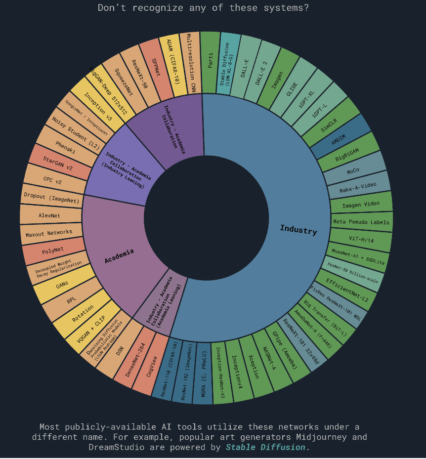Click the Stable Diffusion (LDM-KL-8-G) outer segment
click(x=228, y=63)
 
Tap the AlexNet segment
click(x=50, y=215)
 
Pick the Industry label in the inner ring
click(x=298, y=230)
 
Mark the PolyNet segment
click(x=54, y=251)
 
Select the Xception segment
click(x=252, y=367)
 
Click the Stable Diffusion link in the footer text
click(x=265, y=447)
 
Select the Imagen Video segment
click(x=360, y=204)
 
